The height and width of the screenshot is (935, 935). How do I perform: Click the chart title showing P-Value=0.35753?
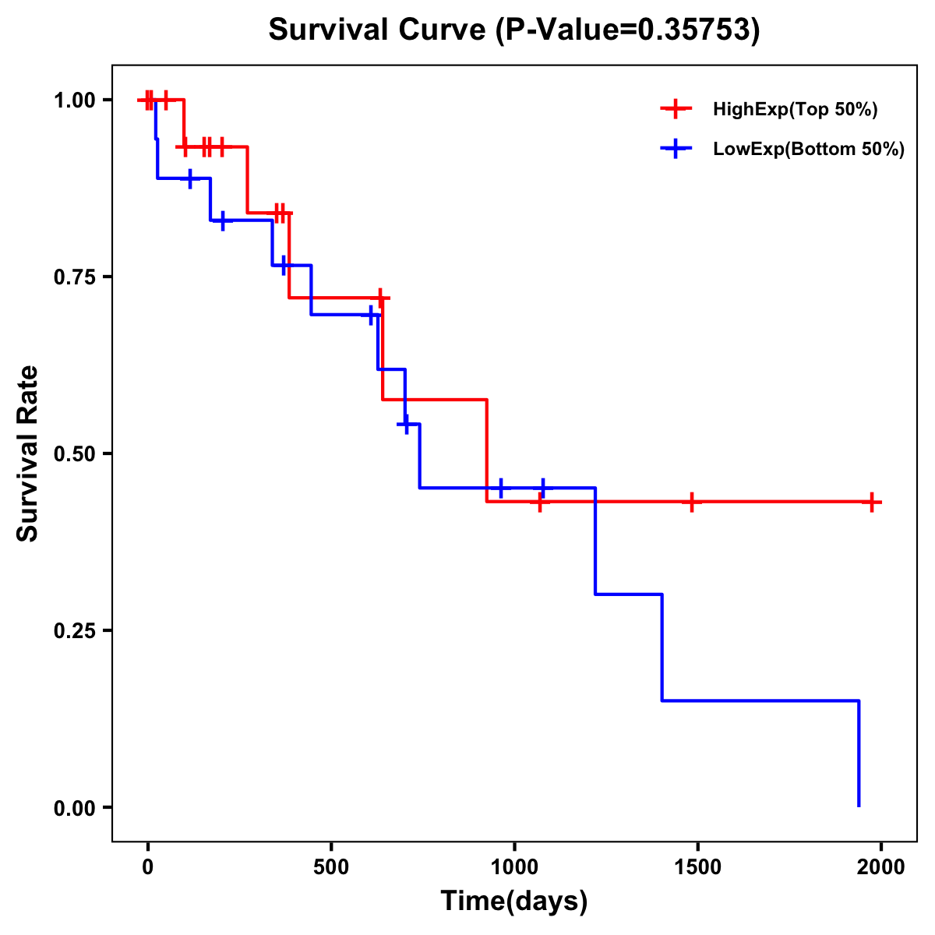[x=514, y=30]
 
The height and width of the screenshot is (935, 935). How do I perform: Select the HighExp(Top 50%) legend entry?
[x=795, y=110]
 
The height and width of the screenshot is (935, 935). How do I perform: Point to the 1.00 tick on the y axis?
[x=74, y=100]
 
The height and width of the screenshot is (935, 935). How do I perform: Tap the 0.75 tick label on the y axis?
[x=74, y=277]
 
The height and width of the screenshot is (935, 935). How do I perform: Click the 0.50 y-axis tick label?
[x=74, y=453]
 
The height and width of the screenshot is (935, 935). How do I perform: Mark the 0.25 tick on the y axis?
[x=74, y=630]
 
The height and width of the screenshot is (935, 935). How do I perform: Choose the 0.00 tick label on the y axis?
[x=74, y=807]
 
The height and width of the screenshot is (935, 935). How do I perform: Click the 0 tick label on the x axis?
[x=147, y=866]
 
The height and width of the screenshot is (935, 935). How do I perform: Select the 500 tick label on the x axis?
[x=331, y=866]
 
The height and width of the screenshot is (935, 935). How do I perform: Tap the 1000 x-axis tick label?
[x=514, y=866]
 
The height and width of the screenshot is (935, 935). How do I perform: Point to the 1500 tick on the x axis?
[x=697, y=866]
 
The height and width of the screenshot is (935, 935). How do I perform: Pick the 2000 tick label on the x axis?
[x=881, y=866]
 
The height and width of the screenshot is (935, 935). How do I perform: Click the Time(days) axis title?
[x=514, y=901]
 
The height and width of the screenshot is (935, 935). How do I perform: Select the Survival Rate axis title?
[x=28, y=453]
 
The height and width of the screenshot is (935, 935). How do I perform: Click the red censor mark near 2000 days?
[x=872, y=502]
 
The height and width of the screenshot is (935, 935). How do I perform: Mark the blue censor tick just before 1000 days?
[x=501, y=488]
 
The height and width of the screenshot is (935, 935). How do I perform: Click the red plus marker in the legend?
[x=676, y=109]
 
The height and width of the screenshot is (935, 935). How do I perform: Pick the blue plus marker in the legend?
[x=676, y=149]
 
